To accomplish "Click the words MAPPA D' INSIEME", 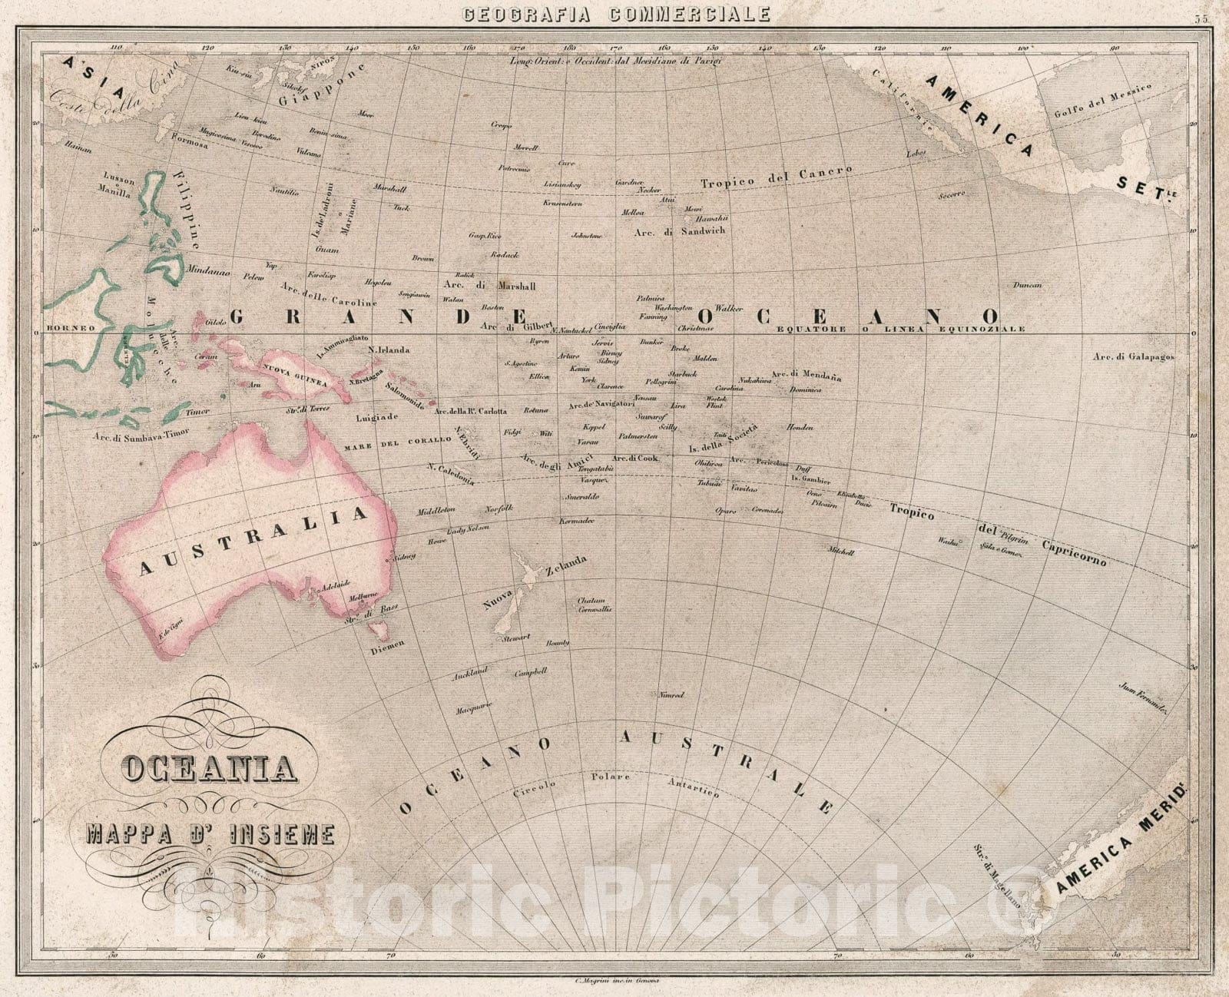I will [210, 833].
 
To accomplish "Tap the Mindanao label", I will [207, 270].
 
